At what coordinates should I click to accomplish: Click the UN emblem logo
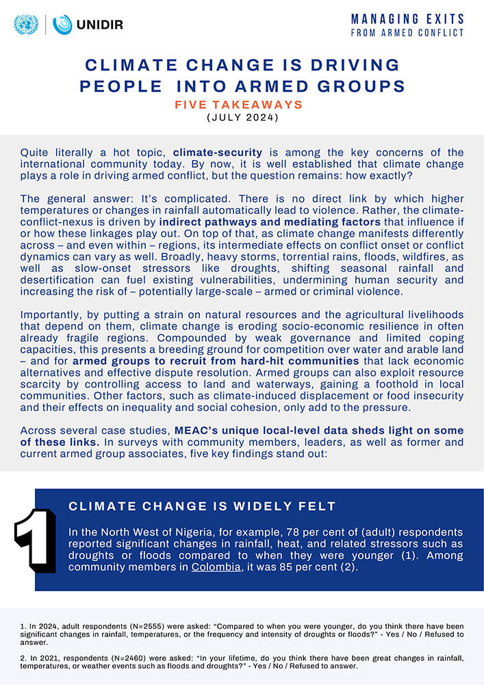tap(27, 25)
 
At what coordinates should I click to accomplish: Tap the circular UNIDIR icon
tap(62, 25)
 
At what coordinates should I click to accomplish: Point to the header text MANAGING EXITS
tap(407, 18)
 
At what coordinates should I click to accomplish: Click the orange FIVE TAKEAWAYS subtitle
tap(242, 105)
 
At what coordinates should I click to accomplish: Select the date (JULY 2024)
tap(242, 118)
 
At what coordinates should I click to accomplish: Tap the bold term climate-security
tap(217, 152)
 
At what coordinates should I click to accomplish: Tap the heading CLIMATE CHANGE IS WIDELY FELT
tap(203, 507)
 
